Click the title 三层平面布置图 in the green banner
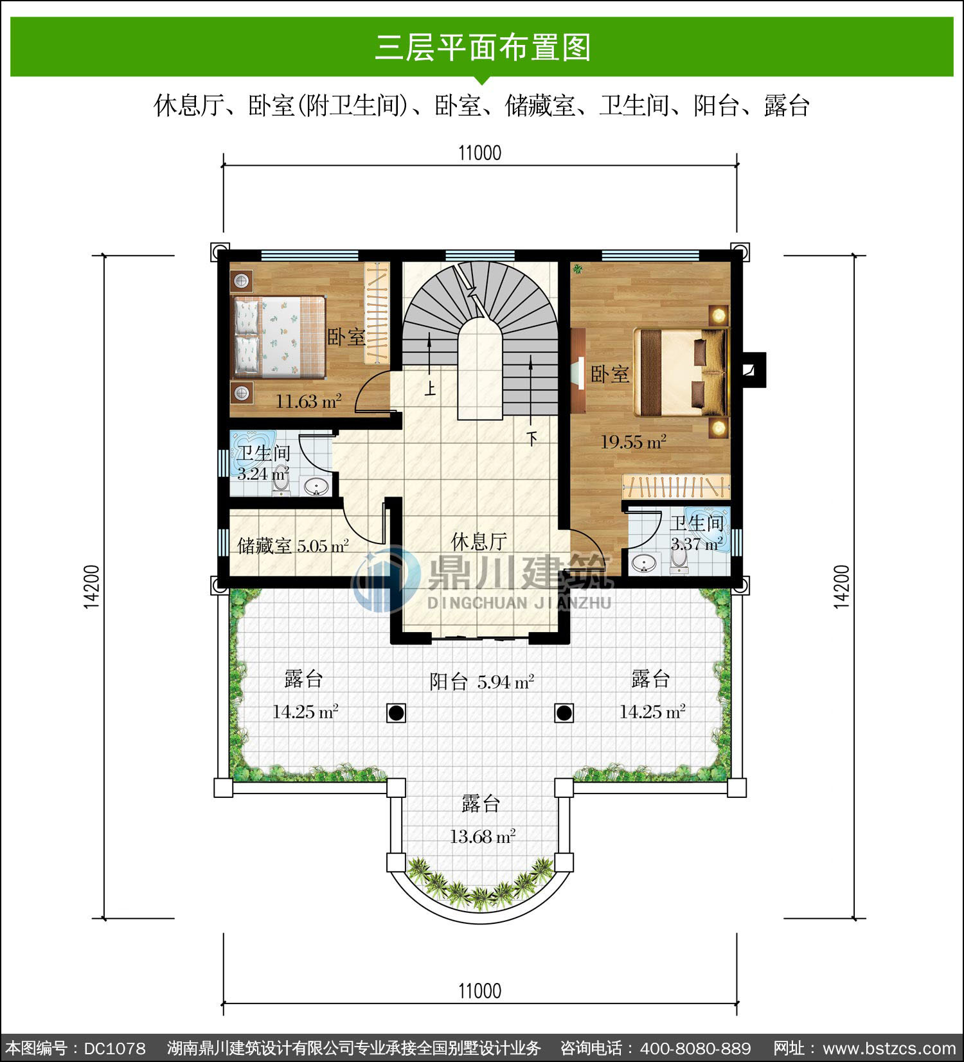coord(482,48)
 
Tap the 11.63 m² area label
coord(308,402)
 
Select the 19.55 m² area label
coord(633,442)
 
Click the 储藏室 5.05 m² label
coord(293,546)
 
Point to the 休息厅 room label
coord(479,542)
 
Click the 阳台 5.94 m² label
coord(482,682)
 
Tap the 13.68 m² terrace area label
coord(482,836)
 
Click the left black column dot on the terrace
coord(397,712)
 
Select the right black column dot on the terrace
coord(564,712)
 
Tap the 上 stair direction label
coord(429,389)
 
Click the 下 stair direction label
coord(531,439)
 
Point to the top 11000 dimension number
coord(479,153)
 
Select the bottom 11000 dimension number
coord(479,991)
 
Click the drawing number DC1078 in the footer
coord(115,1049)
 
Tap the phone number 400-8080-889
coord(695,1049)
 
